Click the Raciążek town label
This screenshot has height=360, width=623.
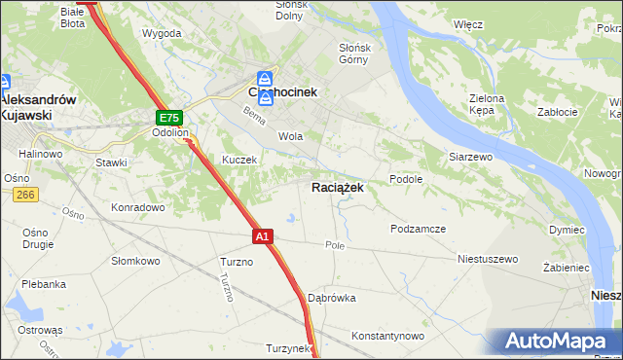point(338,188)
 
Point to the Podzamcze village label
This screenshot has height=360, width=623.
point(418,228)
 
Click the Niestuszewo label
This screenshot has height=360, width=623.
point(488,260)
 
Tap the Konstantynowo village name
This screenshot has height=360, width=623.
point(388,336)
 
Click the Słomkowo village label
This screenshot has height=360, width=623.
point(135,261)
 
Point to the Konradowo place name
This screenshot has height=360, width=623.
point(136,207)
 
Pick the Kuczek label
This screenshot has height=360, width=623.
point(238,160)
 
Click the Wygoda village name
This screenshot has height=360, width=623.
point(162,33)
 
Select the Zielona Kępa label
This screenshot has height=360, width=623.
point(487,104)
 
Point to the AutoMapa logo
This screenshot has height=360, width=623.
point(556,342)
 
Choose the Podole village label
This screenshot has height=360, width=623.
point(405,179)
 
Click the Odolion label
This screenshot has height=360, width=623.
point(169,134)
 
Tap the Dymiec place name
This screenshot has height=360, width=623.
point(566,230)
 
